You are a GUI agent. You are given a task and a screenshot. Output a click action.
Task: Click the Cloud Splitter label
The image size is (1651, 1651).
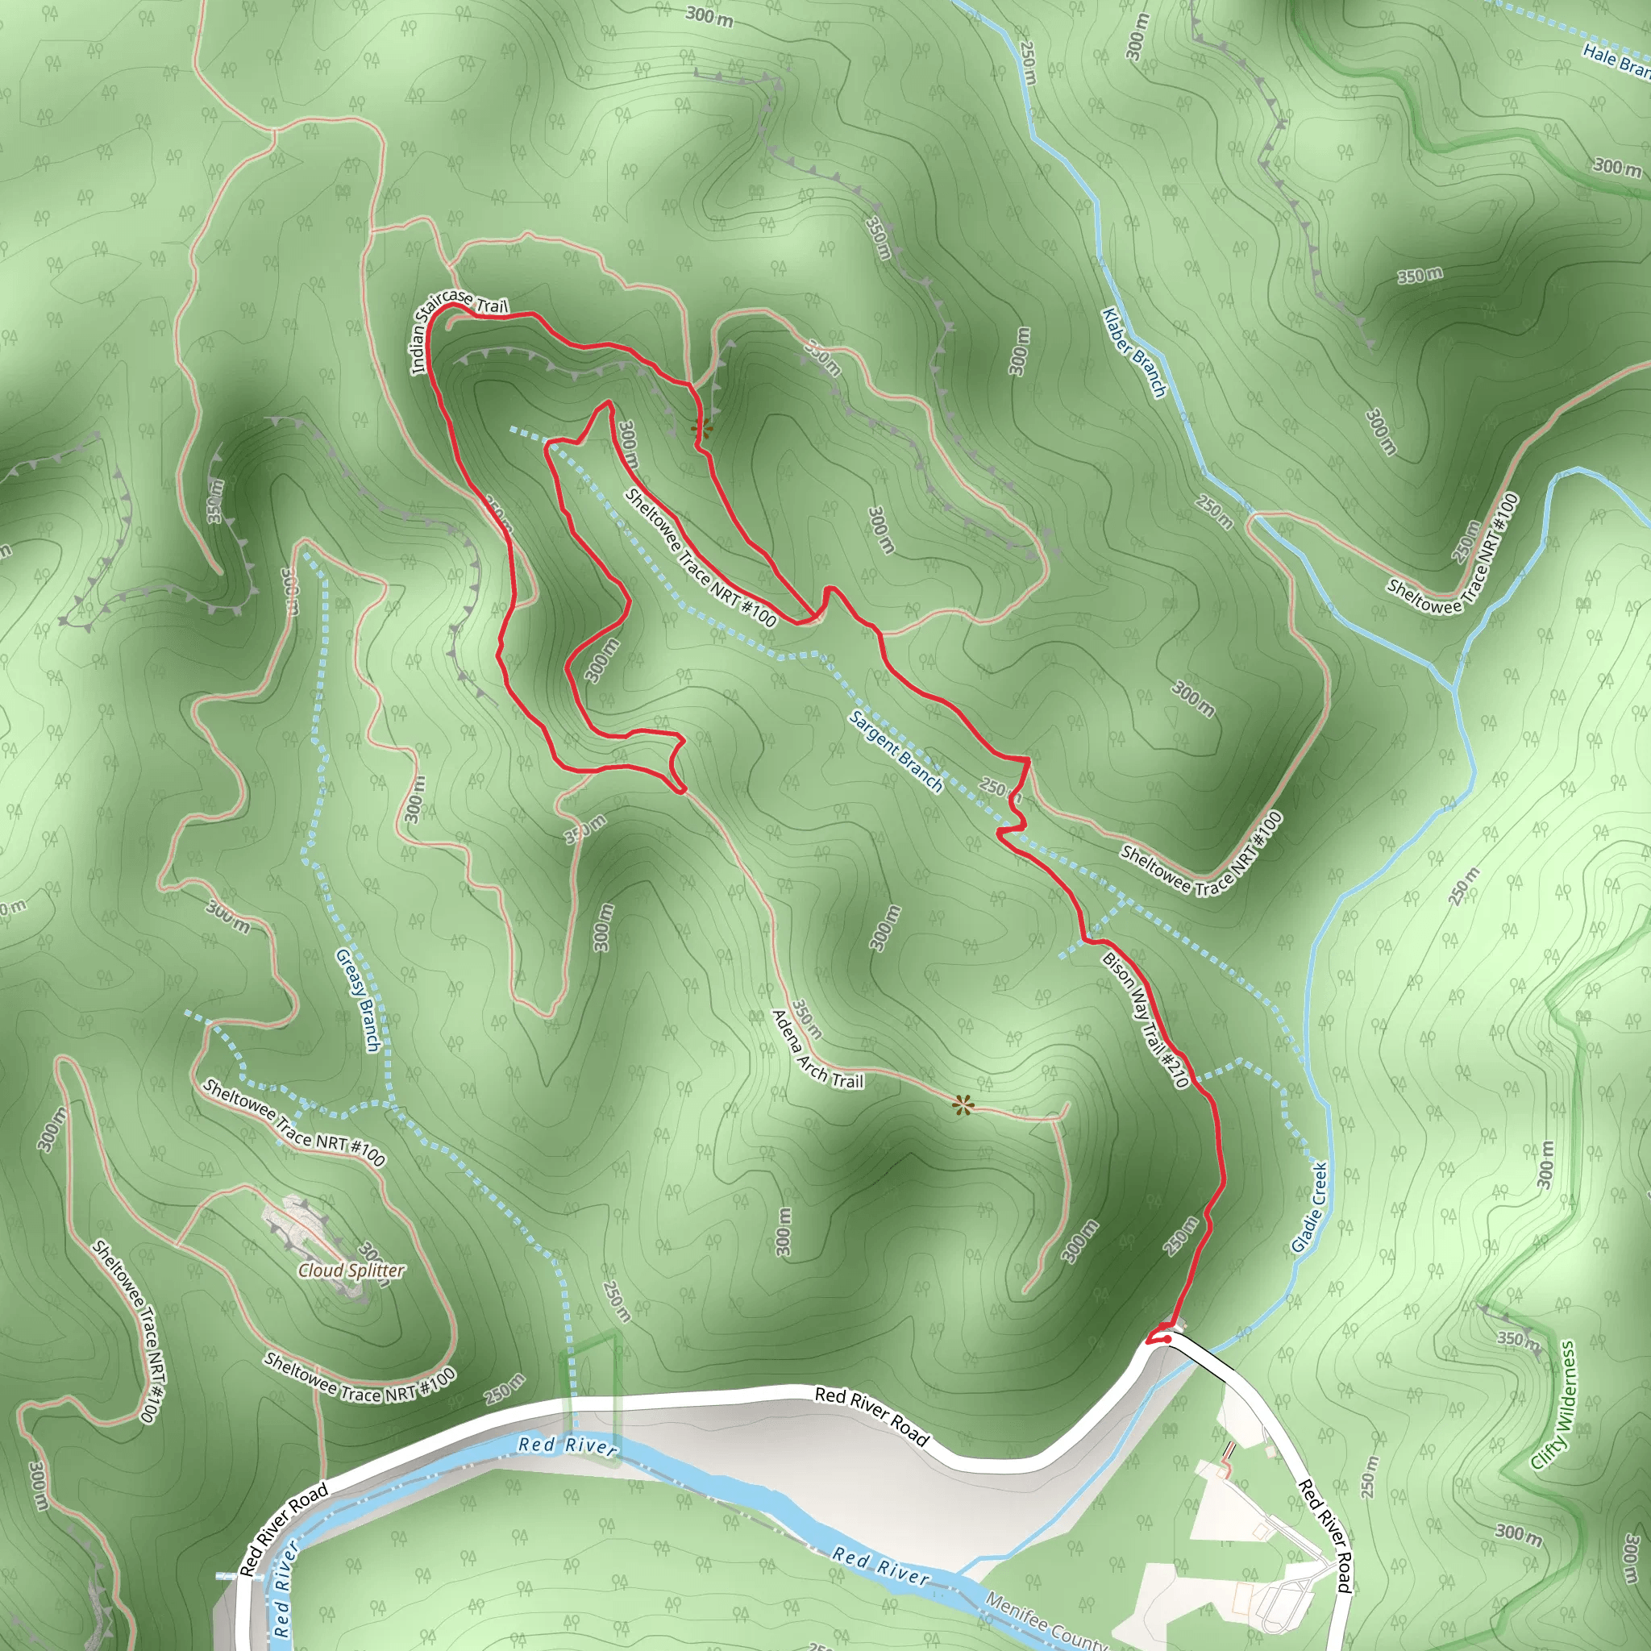click(351, 1270)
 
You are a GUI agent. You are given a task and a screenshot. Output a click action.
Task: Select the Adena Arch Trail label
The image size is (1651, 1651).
click(817, 1050)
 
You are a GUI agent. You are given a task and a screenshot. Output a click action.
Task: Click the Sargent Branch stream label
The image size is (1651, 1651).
click(895, 751)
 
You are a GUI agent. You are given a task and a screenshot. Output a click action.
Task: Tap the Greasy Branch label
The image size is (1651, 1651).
click(357, 1000)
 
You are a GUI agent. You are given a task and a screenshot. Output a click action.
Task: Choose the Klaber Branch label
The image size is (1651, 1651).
click(1134, 352)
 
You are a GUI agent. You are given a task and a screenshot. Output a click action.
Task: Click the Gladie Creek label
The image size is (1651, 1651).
click(1308, 1207)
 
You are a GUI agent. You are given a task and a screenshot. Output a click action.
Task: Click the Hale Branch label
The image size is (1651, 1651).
click(1615, 60)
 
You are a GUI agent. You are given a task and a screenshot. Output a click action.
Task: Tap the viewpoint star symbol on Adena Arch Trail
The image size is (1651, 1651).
click(963, 1106)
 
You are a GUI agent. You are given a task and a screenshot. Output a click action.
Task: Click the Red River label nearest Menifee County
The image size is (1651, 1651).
click(880, 1566)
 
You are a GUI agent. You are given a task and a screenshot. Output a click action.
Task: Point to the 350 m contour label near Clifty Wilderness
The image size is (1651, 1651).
click(1519, 1340)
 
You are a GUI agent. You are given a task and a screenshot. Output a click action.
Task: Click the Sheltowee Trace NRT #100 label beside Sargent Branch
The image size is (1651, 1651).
click(700, 557)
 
